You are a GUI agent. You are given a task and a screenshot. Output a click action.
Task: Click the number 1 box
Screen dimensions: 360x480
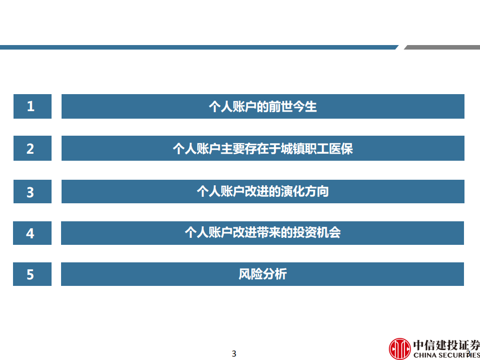(32, 106)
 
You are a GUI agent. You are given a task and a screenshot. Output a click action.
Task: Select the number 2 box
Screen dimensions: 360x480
(32, 148)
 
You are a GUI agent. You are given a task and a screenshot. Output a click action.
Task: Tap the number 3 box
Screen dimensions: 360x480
(32, 191)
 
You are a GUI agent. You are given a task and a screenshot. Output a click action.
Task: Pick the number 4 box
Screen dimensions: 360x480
(32, 233)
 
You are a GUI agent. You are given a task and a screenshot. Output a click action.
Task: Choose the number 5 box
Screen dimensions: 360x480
(32, 274)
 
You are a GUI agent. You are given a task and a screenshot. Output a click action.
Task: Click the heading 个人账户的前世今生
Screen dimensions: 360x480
(263, 106)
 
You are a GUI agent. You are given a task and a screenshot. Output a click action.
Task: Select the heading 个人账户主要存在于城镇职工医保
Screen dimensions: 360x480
(263, 148)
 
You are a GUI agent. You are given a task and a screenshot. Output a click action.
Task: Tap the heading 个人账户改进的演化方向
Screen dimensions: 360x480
(263, 191)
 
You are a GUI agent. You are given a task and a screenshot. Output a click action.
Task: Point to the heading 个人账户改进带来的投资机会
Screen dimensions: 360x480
(263, 233)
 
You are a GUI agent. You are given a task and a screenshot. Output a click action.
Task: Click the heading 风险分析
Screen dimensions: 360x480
(263, 274)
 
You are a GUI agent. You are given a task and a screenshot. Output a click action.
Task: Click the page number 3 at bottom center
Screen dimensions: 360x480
(234, 353)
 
